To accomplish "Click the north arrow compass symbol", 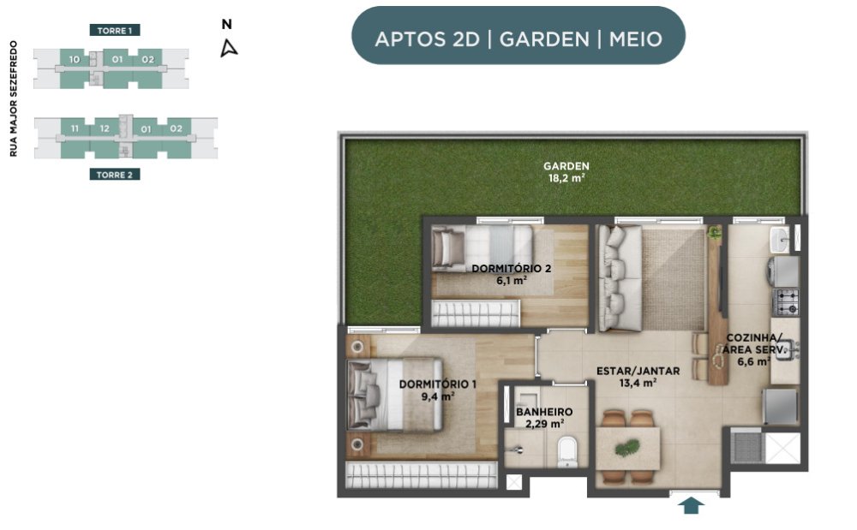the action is tap(229, 48).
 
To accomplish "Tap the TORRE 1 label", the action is tap(115, 31).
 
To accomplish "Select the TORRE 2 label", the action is tap(115, 175).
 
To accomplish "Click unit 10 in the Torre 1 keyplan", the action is tap(75, 59).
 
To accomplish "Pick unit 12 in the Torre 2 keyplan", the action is tap(105, 128).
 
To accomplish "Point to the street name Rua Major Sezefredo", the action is tap(14, 98).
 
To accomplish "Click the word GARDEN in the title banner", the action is tap(544, 39).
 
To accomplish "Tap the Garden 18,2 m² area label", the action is tap(566, 172).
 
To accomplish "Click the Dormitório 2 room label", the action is tap(511, 274).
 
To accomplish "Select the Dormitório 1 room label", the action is tap(437, 390).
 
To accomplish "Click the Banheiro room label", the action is tap(544, 418).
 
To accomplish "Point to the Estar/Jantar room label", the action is tap(638, 377).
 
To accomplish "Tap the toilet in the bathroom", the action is tap(567, 452).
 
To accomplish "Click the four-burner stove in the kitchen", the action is tap(786, 302).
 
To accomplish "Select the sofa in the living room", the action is tap(620, 278).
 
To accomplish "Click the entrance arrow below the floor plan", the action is tap(692, 505).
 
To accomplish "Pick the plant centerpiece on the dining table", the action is tap(627, 448).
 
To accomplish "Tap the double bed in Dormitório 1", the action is tap(394, 394).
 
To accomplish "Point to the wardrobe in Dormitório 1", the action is tap(422, 475).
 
